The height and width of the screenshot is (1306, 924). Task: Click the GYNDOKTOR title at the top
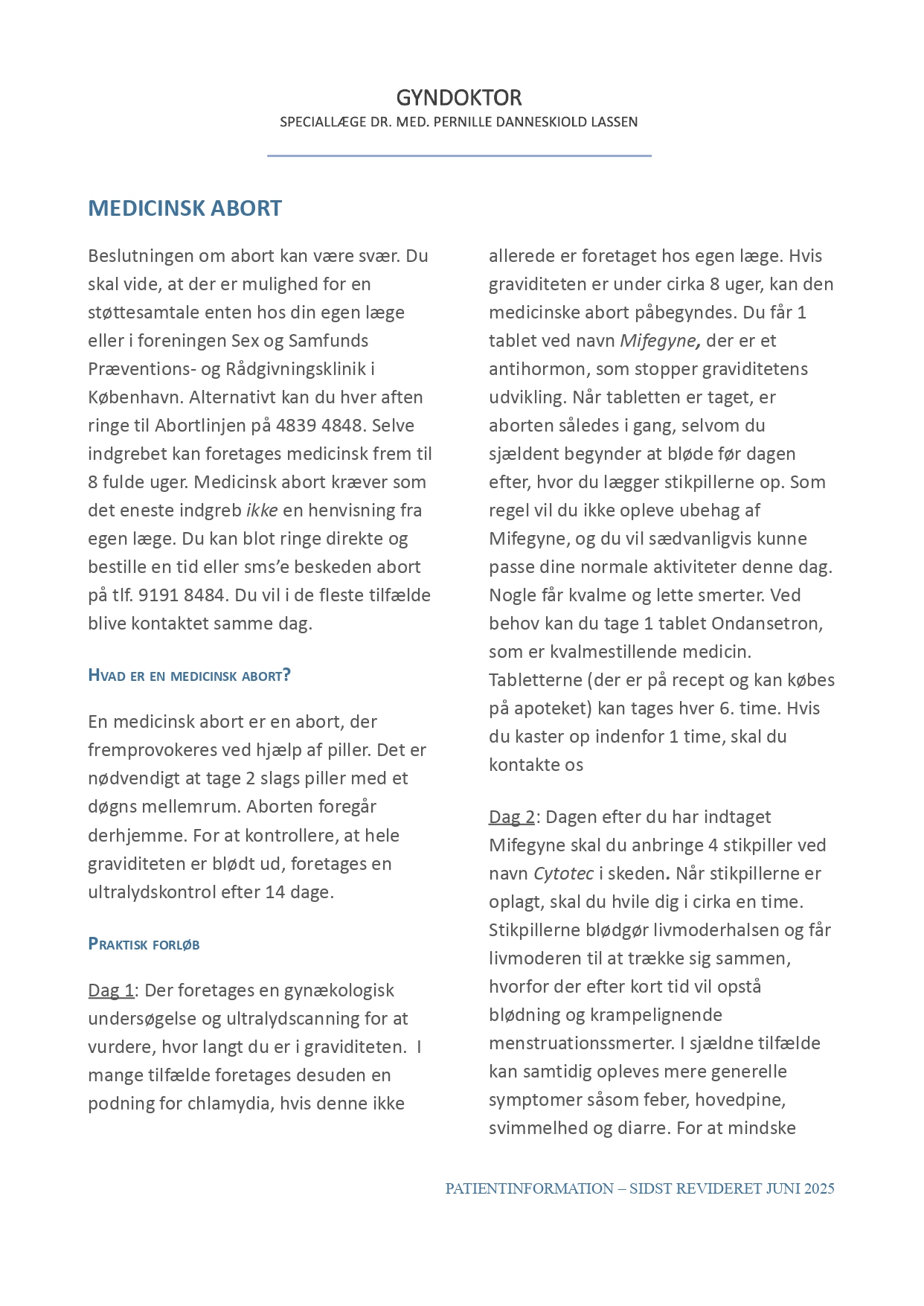[458, 97]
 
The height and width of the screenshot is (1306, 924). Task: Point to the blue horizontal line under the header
[459, 156]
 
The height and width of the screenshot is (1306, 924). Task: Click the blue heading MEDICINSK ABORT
[185, 208]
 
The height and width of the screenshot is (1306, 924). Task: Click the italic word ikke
[262, 510]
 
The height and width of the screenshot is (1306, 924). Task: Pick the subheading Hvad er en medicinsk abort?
[189, 676]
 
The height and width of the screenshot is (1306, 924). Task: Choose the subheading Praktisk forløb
[144, 944]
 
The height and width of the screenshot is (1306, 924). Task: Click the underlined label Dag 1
[111, 990]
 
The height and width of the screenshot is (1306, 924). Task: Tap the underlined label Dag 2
[512, 817]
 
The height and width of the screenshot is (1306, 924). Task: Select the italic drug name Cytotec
[563, 874]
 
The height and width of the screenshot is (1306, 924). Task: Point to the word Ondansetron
[766, 624]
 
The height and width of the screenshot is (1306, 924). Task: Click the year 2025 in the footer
[818, 1189]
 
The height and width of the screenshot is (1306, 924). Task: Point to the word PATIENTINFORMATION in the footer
[529, 1189]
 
